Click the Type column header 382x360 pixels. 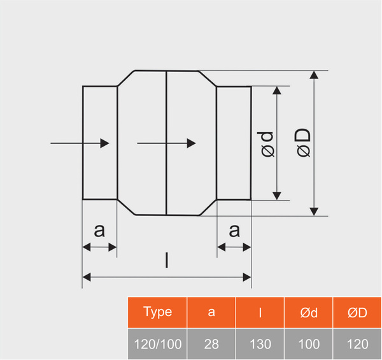pos(157,312)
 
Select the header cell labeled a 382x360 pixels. pos(211,312)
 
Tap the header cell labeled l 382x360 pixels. pos(260,312)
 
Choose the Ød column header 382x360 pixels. pos(309,312)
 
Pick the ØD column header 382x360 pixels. pos(357,312)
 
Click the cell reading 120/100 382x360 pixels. pos(157,344)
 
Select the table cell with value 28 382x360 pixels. pos(211,344)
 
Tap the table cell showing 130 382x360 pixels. pos(260,344)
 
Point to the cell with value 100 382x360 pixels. pos(309,344)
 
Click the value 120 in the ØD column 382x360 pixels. pos(357,344)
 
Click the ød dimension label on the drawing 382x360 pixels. pos(267,143)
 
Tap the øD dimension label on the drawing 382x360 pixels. pos(303,143)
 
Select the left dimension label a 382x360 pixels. pos(99,231)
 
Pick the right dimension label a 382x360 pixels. pos(234,231)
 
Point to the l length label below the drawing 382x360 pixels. pos(167,260)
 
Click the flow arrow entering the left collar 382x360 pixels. pos(80,144)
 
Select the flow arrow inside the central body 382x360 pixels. pos(166,144)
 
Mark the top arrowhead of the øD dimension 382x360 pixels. pos(314,76)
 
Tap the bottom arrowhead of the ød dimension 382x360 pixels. pos(277,195)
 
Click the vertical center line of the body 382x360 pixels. pos(166,115)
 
